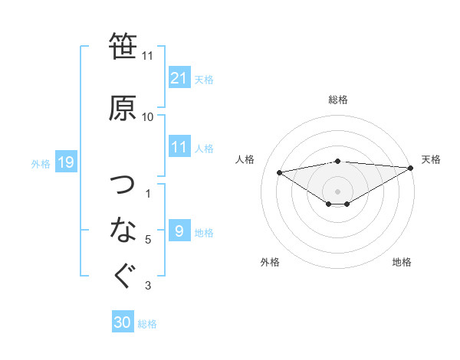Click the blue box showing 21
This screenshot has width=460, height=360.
click(x=179, y=78)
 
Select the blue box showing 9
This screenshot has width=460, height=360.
click(x=179, y=231)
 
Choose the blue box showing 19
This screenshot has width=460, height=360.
click(x=65, y=162)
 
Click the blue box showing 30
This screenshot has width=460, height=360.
click(x=123, y=322)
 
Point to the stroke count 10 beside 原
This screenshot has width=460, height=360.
click(x=147, y=117)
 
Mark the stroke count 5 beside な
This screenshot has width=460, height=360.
click(x=148, y=240)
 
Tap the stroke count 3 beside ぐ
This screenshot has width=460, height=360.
click(x=148, y=286)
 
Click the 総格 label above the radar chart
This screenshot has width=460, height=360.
click(x=337, y=100)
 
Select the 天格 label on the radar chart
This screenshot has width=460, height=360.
click(x=431, y=159)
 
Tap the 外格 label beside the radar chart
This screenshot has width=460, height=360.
click(x=270, y=262)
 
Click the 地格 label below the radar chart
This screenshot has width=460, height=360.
click(x=402, y=262)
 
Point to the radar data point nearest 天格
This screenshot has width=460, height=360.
click(x=411, y=167)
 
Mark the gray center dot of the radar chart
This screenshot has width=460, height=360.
click(x=337, y=190)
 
